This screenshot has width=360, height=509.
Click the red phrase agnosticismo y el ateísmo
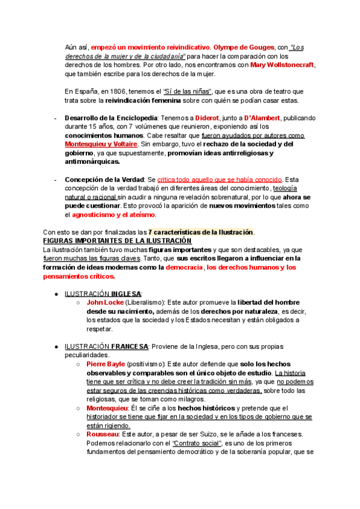(113, 214)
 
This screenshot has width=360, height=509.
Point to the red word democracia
(185, 267)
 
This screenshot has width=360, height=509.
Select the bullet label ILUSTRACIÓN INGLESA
(103, 294)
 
